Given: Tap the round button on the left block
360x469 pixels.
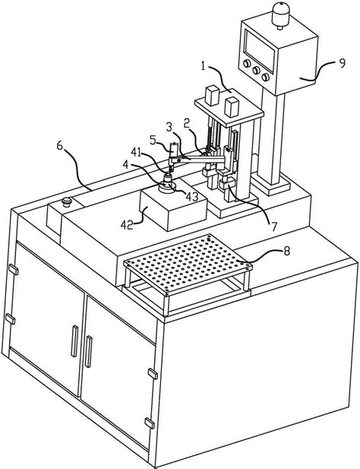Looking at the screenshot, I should [x=66, y=201].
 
